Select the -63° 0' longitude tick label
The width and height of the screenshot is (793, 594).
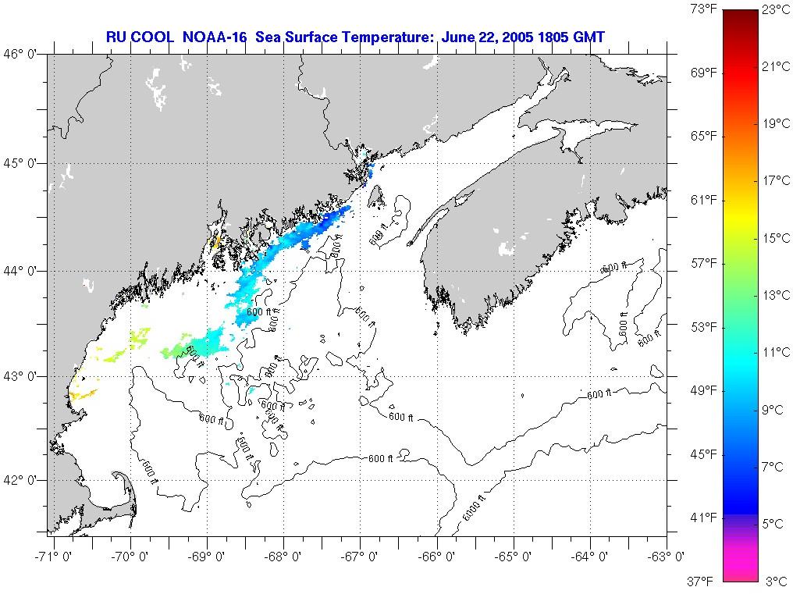pos(667,557)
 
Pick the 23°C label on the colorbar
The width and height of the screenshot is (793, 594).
pos(777,10)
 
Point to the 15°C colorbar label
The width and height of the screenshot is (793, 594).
pos(777,238)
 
